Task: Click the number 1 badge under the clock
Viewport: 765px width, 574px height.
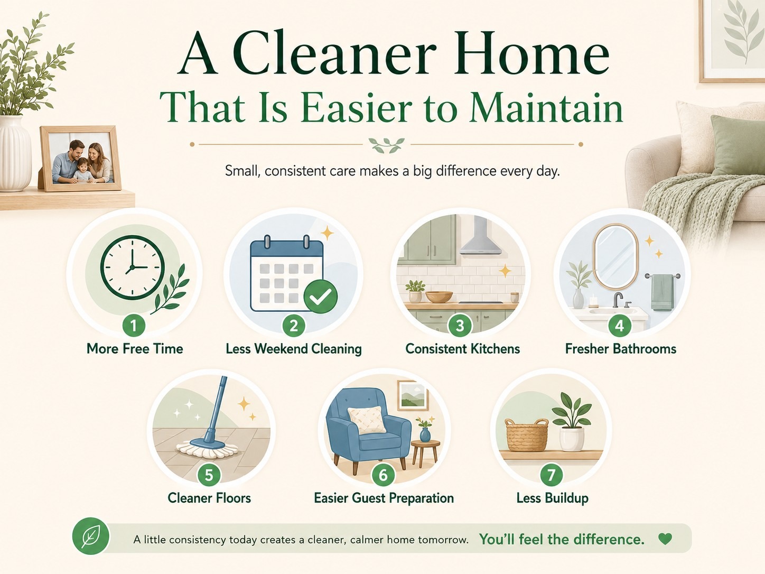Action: point(134,326)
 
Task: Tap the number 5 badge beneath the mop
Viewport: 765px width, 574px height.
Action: point(209,475)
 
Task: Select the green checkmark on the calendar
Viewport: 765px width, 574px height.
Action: point(320,297)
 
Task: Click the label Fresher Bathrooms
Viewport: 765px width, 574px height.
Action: point(621,349)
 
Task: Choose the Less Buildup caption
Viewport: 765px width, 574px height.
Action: point(553,498)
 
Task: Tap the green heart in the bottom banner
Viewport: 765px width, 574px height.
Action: point(665,539)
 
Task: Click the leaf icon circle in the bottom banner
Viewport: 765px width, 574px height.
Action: point(91,536)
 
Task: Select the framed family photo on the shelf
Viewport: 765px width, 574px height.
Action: point(80,159)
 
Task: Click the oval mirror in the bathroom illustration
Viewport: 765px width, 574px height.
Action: point(616,256)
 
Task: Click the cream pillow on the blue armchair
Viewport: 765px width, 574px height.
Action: point(367,420)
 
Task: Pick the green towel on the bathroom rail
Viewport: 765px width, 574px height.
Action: point(662,293)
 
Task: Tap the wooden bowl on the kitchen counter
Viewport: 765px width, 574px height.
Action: point(439,297)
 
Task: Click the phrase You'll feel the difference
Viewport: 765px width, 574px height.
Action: point(562,540)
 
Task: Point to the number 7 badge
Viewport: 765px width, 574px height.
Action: point(551,475)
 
